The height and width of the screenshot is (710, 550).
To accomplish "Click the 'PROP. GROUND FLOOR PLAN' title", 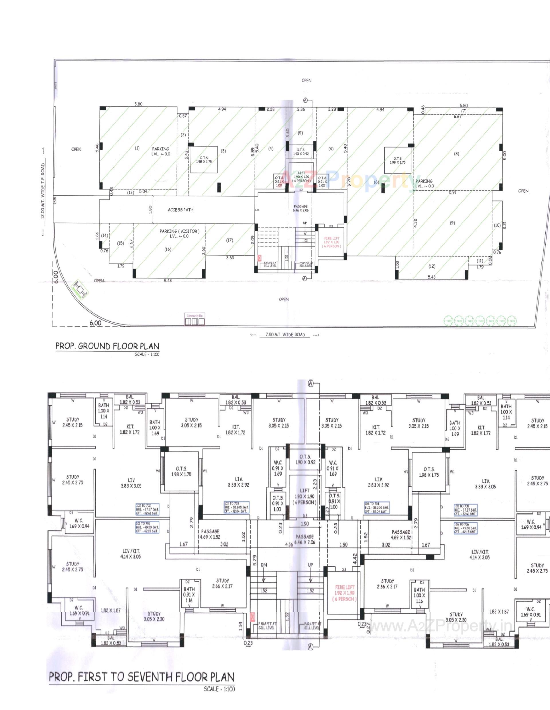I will coord(107,346).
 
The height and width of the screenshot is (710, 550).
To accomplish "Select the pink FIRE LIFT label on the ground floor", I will coord(331,242).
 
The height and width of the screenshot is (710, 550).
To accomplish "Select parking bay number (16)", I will coord(168,249).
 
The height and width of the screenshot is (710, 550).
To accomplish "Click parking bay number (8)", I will coord(456,154).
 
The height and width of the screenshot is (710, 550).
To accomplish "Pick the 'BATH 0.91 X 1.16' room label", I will coord(189,594).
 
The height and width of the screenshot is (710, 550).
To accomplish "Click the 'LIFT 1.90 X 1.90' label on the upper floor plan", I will coord(305,496).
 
